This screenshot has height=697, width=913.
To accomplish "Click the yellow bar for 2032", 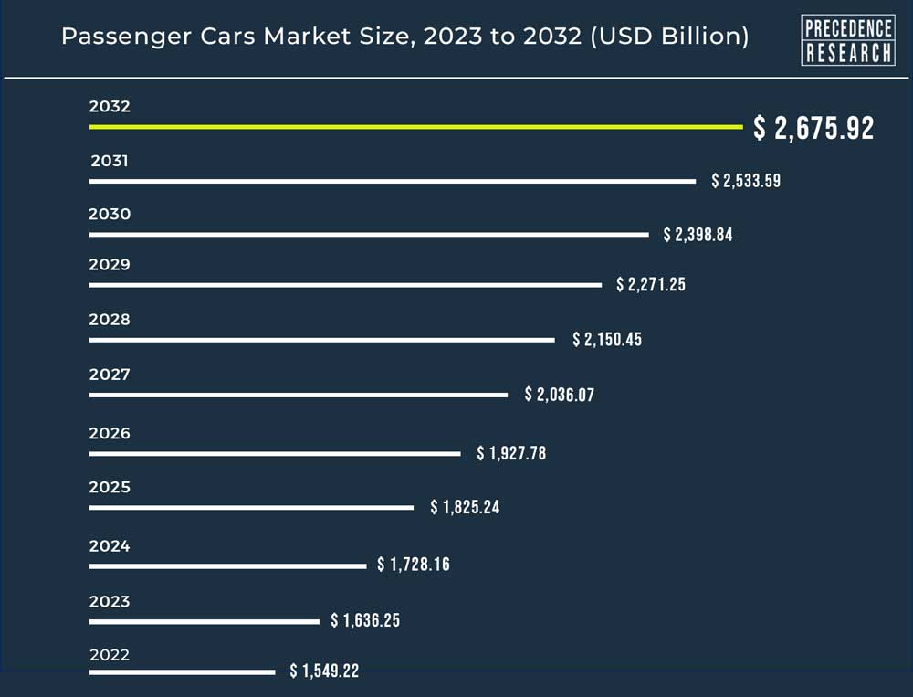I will point(415,127).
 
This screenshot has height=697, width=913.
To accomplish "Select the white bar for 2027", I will point(298,395).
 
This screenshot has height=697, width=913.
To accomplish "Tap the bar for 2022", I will point(182,672).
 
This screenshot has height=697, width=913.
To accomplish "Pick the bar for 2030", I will point(369,235).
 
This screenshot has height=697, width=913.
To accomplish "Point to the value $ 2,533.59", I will point(746,181).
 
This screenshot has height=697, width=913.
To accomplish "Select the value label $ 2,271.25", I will point(651,285).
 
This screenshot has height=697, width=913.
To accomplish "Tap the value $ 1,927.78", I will point(511,453).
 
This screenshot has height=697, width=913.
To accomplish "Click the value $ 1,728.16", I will point(414,565).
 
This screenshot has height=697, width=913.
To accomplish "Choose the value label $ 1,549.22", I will point(324,671).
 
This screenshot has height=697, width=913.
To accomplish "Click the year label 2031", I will point(110,162).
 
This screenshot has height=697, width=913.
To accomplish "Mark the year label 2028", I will point(110,320).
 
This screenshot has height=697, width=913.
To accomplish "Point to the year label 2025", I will point(110,487).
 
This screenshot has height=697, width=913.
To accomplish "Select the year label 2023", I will point(110,601).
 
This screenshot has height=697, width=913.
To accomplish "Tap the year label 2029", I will point(110,265).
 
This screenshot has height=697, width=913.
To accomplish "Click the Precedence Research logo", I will point(847,39).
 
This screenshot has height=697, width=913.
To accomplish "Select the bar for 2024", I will point(227,566).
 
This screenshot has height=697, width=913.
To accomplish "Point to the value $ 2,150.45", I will point(607,340).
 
